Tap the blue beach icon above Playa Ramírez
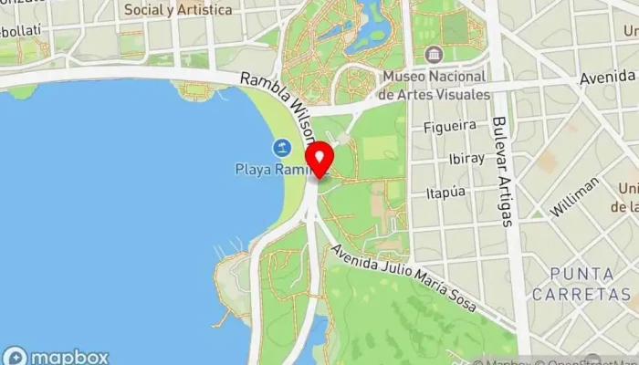282,147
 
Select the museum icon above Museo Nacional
433,54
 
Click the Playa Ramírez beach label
270,169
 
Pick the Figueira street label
450,126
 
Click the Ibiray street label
466,159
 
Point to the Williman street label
575,196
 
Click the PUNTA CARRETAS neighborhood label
589,284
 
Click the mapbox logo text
69,357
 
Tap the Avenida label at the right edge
608,78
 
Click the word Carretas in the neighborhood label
589,293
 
